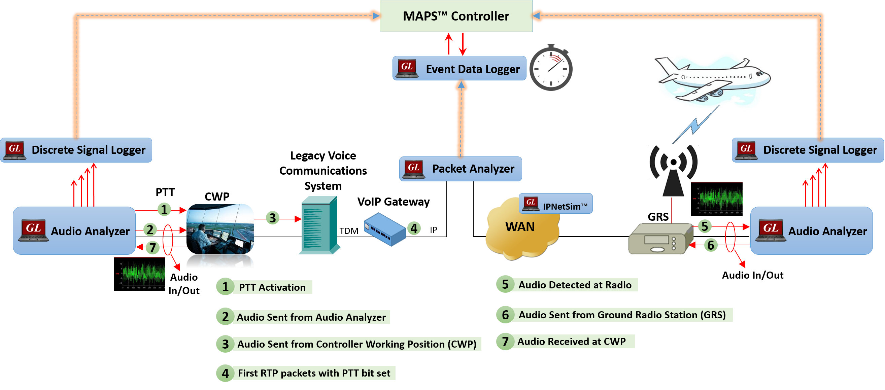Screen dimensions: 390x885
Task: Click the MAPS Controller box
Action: click(456, 16)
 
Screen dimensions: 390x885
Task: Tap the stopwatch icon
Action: click(551, 68)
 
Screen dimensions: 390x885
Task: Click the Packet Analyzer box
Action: click(461, 169)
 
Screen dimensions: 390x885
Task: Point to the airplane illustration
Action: click(712, 81)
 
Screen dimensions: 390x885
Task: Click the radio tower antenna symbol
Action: click(673, 171)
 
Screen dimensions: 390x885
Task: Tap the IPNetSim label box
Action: click(555, 204)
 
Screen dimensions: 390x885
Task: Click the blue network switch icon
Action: click(385, 229)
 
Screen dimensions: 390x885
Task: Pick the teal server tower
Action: click(319, 225)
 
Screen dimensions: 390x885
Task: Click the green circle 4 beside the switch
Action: click(414, 228)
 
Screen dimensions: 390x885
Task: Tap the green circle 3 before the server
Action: click(272, 218)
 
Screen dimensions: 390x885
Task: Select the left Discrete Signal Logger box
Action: click(76, 150)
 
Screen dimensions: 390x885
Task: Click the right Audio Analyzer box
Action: click(812, 231)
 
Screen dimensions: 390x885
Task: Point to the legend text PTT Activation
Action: click(272, 287)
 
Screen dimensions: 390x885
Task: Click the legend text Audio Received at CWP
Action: click(571, 341)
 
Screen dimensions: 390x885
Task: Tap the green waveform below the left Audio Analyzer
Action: click(144, 274)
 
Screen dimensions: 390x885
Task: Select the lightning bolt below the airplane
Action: click(696, 124)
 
